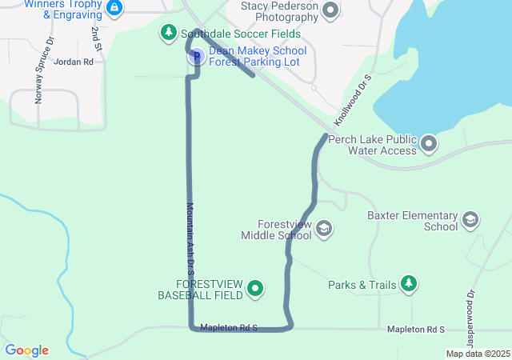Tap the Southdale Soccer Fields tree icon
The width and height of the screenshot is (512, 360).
point(168,33)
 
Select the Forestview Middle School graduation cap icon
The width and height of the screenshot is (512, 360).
point(324,230)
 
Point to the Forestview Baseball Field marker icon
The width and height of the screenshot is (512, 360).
point(256,288)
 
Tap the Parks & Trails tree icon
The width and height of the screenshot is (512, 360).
point(409,284)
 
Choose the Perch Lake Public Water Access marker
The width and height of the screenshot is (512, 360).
point(430,144)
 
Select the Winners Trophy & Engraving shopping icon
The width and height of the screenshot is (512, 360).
point(114,8)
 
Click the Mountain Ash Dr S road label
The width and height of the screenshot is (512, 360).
point(191,233)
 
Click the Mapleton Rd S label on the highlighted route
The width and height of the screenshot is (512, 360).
point(229,327)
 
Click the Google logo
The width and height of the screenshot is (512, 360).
point(27,350)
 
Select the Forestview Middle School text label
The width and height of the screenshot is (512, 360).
point(278,230)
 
